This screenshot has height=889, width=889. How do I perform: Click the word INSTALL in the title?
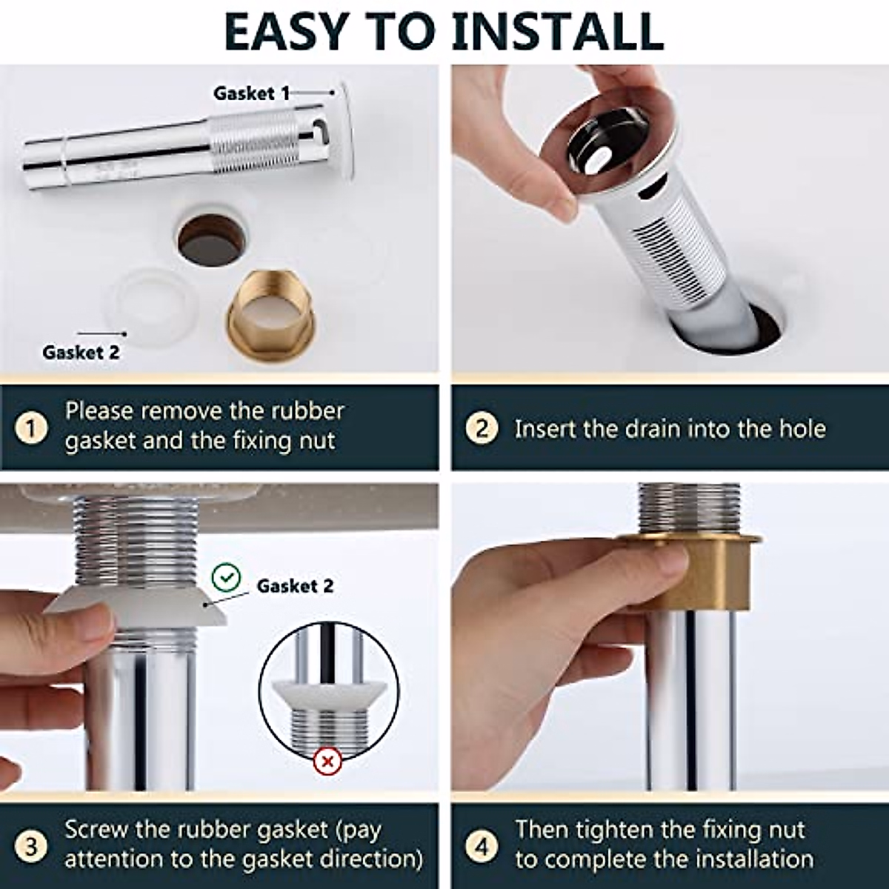point(557,31)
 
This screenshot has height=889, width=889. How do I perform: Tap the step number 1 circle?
point(31,427)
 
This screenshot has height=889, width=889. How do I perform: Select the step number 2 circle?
point(482,427)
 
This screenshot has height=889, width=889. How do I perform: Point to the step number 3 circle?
point(31,846)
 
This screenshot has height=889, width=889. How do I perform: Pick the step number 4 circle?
point(482,846)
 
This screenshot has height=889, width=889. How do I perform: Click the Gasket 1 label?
point(251,93)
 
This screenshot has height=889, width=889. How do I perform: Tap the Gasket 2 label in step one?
point(80,353)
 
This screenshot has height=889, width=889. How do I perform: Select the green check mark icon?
point(225,577)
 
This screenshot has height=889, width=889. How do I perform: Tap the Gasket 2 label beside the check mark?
point(295,586)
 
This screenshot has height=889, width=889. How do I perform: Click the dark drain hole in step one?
point(212,239)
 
